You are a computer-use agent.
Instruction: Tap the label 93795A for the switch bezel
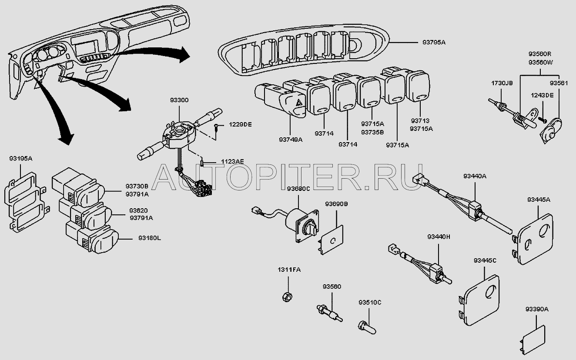[434, 43]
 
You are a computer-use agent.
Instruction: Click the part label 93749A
[290, 140]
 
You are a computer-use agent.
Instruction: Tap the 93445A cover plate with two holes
[534, 240]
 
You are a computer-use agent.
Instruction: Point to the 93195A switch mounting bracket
[25, 201]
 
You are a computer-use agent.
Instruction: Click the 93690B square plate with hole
[333, 240]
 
